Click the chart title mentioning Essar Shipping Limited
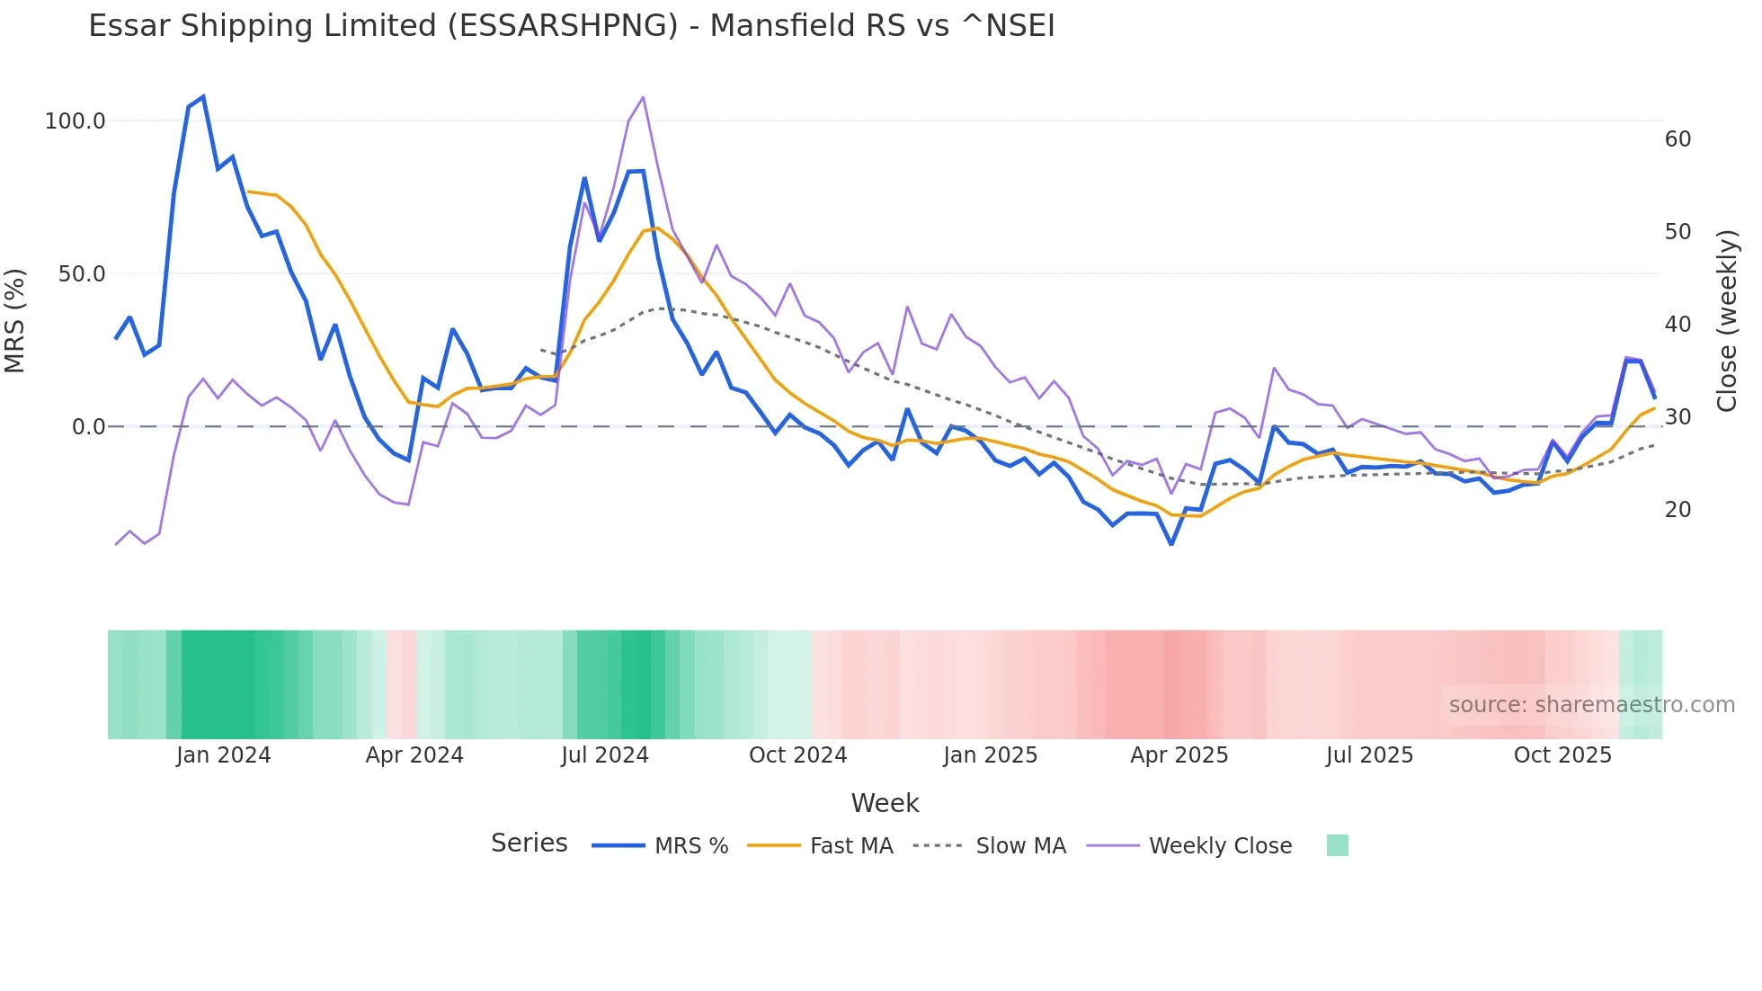572,26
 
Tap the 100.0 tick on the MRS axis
76,121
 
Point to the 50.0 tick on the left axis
82,274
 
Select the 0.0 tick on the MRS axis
88,427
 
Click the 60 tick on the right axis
1677,139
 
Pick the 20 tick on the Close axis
1677,510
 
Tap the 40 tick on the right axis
1677,325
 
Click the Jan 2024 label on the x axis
223,755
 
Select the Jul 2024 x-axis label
605,755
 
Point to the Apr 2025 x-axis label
1179,755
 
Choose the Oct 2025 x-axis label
1562,755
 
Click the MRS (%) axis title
15,321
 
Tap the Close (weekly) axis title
1727,321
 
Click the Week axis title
885,803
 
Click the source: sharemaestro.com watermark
1591,705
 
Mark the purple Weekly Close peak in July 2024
643,97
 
